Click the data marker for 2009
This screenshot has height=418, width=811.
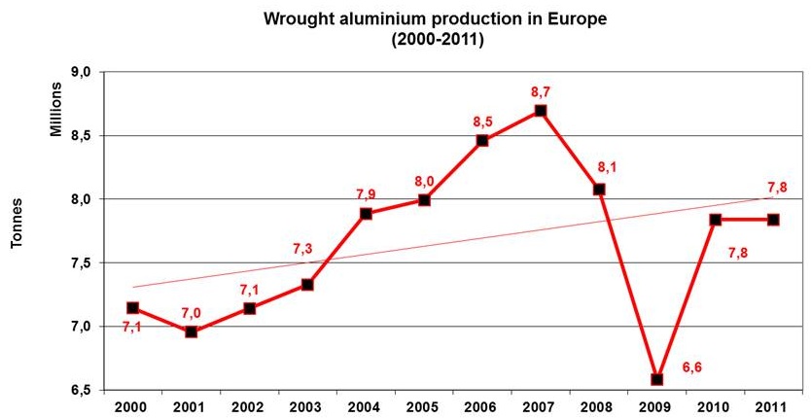click(x=657, y=379)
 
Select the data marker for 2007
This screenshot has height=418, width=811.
click(x=541, y=110)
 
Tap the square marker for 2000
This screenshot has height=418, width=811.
click(x=133, y=308)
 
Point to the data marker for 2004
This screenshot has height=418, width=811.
click(x=366, y=214)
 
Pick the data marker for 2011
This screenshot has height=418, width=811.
click(x=774, y=220)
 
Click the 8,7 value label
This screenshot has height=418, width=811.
click(x=541, y=91)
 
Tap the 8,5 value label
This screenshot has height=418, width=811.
click(x=483, y=122)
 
